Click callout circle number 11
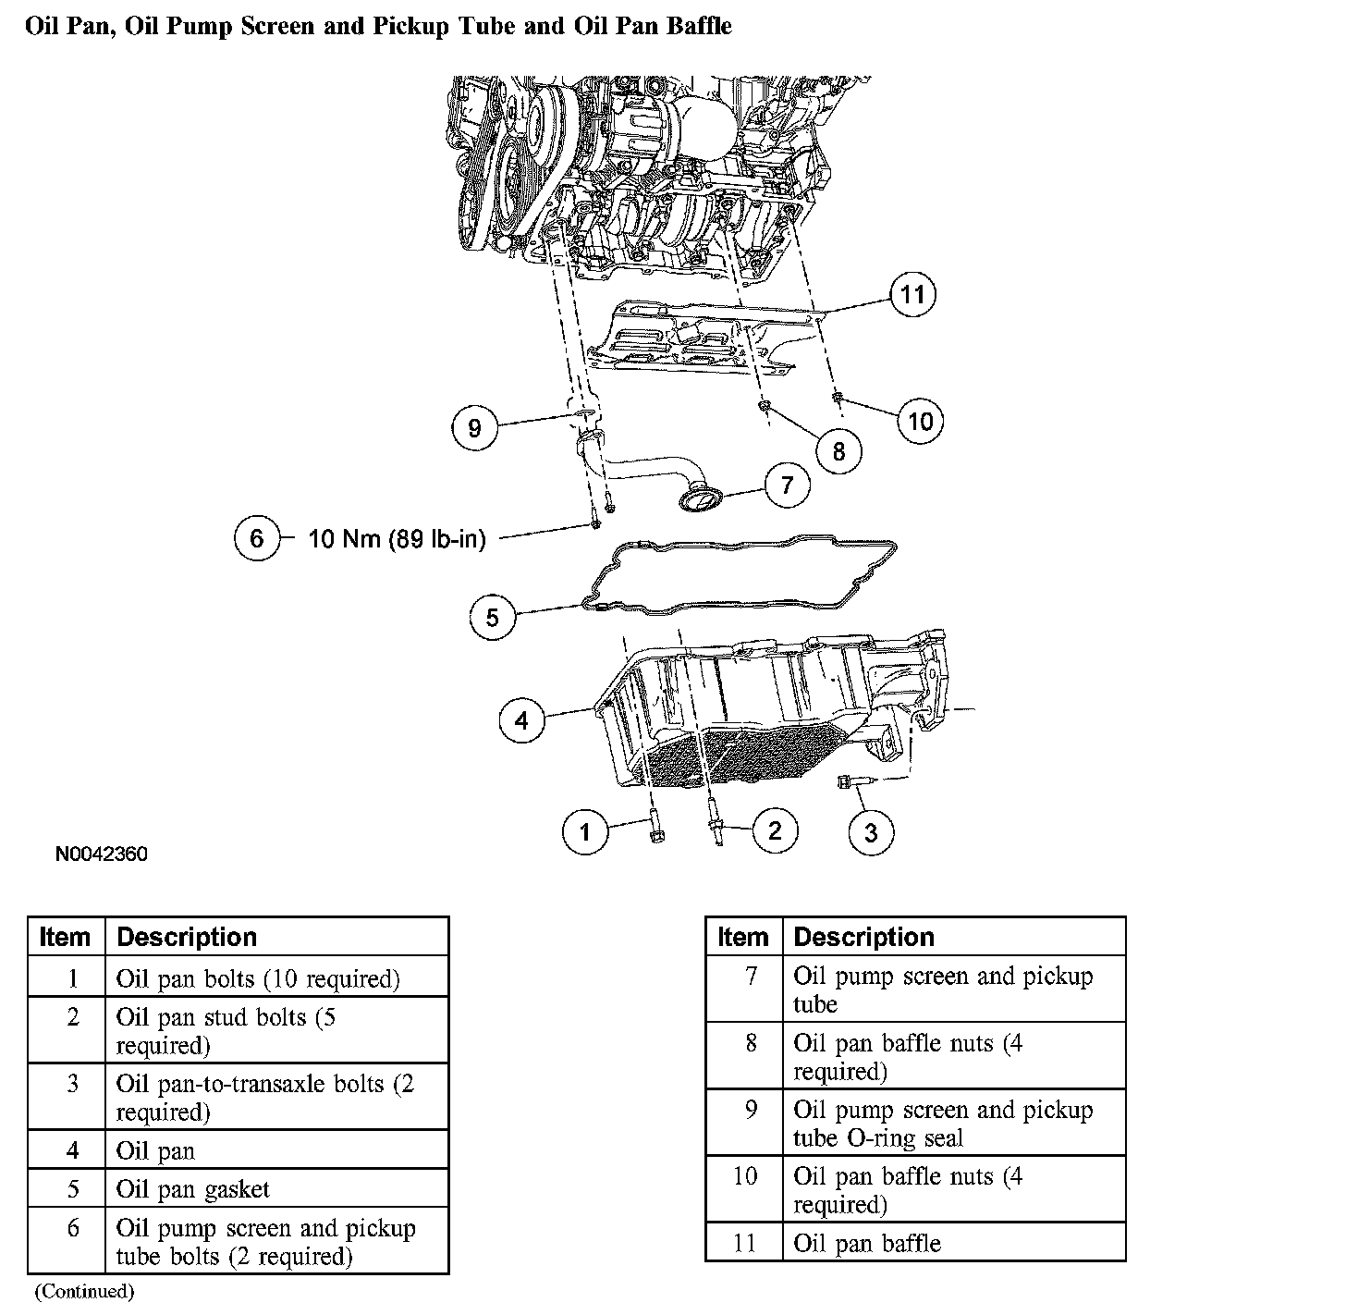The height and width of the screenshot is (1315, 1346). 912,294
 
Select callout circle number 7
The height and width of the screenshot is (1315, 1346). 787,485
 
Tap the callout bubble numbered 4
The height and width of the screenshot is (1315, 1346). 521,720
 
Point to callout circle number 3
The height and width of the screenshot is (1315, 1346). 871,832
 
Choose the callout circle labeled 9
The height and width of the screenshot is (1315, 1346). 474,427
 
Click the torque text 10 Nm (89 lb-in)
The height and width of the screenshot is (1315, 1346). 397,539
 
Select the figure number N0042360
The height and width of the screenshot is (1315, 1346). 102,854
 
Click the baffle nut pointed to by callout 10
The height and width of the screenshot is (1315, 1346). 837,397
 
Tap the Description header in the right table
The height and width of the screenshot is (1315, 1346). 864,937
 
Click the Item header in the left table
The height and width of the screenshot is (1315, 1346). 65,937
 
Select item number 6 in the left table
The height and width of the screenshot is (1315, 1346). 73,1228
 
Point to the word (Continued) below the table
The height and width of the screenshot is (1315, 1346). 84,1291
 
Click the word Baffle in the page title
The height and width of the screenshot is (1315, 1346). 699,26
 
